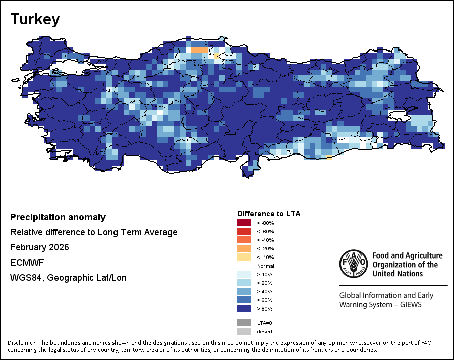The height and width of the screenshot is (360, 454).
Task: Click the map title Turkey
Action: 35,20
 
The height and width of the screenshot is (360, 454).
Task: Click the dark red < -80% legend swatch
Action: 244,223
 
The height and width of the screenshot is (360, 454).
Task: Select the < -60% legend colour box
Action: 244,231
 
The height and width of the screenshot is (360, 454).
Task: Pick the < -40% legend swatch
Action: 244,240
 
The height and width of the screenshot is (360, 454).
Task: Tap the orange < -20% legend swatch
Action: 244,248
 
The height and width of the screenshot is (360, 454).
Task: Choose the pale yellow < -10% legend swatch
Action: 244,257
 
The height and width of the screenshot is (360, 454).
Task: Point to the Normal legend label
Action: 266,266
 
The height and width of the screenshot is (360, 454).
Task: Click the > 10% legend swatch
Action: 244,274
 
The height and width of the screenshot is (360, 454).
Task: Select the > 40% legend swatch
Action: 244,291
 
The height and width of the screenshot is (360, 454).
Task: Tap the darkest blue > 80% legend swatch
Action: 244,308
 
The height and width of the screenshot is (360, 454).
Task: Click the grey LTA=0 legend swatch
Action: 244,323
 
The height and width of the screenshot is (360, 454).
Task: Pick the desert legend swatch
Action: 244,331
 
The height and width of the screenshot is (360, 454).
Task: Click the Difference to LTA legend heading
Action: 268,214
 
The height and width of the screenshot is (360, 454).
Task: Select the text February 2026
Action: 39,247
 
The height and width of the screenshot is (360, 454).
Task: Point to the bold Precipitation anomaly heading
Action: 58,217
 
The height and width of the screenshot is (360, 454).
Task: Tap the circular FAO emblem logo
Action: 353,265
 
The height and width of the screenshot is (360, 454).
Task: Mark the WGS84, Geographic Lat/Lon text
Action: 68,278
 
